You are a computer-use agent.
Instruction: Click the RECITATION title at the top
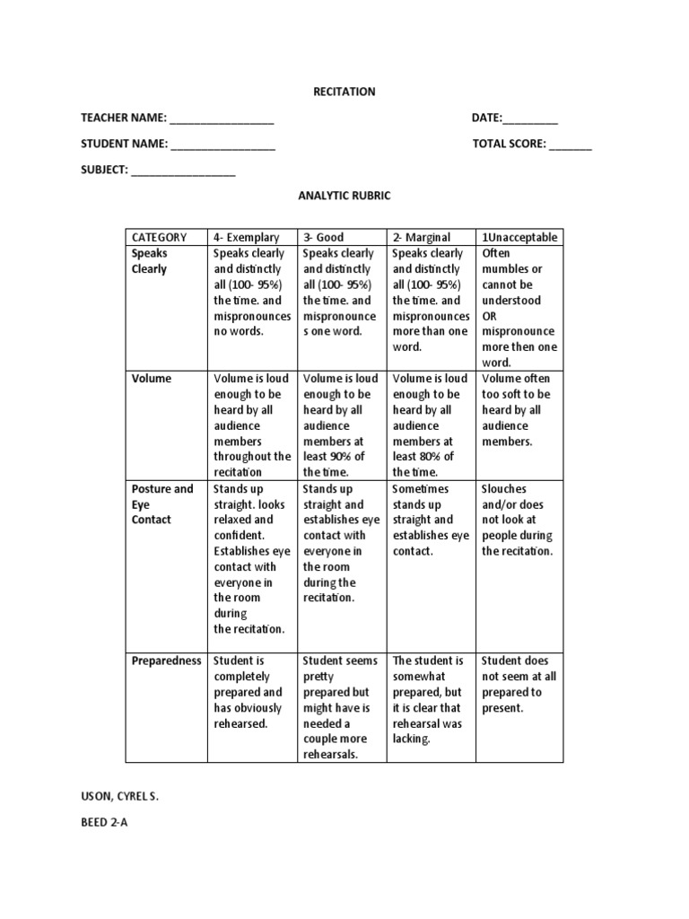tap(344, 92)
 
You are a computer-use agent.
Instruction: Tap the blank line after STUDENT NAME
tap(222, 144)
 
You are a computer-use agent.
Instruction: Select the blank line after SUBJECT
tap(183, 171)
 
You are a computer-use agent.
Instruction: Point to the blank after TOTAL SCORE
tap(571, 144)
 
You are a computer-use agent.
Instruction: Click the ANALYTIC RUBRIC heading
tap(344, 197)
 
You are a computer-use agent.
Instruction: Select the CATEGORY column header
tap(160, 237)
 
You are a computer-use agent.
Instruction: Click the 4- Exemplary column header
tap(246, 237)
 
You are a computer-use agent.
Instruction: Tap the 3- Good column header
tap(324, 237)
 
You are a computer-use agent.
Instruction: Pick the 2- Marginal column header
tap(422, 237)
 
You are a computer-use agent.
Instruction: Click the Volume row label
tap(151, 379)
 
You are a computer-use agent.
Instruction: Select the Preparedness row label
tap(166, 661)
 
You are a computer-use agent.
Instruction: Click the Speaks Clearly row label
tap(150, 261)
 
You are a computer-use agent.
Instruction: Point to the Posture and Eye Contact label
tap(162, 504)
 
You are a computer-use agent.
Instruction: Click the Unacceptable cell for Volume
tap(519, 410)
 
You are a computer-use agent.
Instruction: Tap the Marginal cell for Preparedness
tap(429, 700)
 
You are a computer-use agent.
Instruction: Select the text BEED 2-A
tap(105, 822)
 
